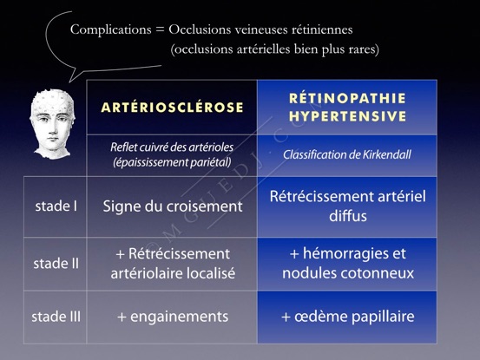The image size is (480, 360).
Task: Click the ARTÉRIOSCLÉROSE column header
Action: (x=173, y=108)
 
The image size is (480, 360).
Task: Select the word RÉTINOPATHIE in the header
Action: (x=347, y=98)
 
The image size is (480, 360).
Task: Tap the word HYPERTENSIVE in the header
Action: (x=347, y=116)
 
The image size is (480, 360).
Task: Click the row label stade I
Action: (x=56, y=206)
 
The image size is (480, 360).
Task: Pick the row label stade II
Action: (x=56, y=264)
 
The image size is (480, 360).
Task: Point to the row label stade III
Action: (x=56, y=317)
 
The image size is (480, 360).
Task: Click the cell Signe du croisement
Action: (x=173, y=206)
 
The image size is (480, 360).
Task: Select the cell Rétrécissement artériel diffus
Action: (x=347, y=206)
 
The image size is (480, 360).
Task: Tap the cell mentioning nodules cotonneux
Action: (x=347, y=263)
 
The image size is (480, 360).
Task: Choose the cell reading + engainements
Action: (x=173, y=317)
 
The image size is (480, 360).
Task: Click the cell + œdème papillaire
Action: (x=347, y=317)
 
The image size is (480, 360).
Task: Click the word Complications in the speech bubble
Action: (x=111, y=29)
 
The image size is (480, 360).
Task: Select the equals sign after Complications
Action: (x=160, y=30)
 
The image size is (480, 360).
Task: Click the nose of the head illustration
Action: (x=52, y=128)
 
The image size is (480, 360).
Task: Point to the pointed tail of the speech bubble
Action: (x=69, y=82)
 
